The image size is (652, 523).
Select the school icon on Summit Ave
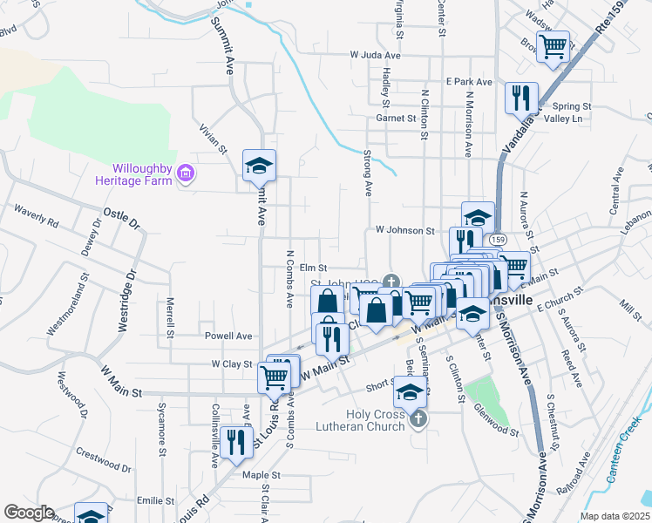click(x=258, y=165)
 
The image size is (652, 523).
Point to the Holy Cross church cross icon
click(x=418, y=418)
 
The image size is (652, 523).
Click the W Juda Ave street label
click(x=375, y=55)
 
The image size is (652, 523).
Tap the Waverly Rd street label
click(x=36, y=216)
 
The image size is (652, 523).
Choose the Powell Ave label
click(x=228, y=336)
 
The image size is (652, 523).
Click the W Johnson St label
click(x=404, y=231)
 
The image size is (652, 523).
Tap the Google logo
click(x=29, y=513)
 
